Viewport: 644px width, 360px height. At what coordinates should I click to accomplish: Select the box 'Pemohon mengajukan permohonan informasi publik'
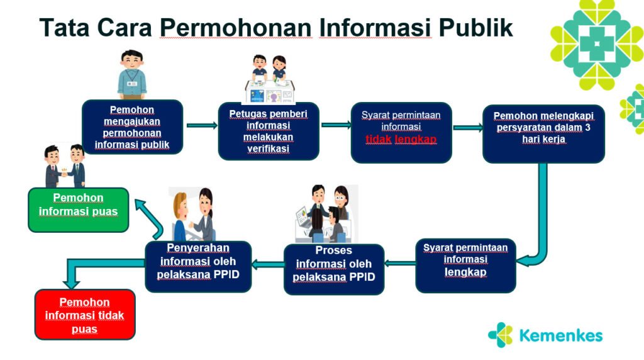(x=132, y=127)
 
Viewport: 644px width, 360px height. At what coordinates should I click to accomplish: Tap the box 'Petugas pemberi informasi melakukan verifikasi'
(x=269, y=131)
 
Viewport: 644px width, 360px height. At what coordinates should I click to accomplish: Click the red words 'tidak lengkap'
(x=401, y=140)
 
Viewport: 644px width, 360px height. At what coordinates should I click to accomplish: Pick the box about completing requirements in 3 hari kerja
(x=543, y=133)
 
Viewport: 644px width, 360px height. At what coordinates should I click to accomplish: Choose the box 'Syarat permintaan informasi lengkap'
(x=465, y=266)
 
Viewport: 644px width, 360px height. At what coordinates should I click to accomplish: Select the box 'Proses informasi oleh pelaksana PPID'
(x=334, y=269)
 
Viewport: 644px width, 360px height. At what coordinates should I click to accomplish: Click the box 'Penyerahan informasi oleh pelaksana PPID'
(x=198, y=266)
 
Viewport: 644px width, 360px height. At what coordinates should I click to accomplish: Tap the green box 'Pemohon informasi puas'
(x=79, y=210)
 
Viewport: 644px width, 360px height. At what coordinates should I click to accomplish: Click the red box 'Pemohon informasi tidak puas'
(x=85, y=315)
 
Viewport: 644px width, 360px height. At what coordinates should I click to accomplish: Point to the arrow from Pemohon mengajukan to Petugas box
(x=202, y=125)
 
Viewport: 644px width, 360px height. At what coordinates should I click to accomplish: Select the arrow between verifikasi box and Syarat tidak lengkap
(x=336, y=125)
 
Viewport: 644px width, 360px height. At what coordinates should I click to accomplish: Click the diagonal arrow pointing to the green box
(x=150, y=218)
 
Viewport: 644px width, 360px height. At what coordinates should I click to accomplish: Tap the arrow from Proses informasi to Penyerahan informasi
(x=268, y=264)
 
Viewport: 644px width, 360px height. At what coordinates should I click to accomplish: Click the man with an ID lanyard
(x=132, y=74)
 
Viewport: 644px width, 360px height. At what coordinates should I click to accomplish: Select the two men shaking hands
(x=65, y=166)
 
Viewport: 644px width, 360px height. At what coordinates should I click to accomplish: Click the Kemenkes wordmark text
(x=560, y=335)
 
